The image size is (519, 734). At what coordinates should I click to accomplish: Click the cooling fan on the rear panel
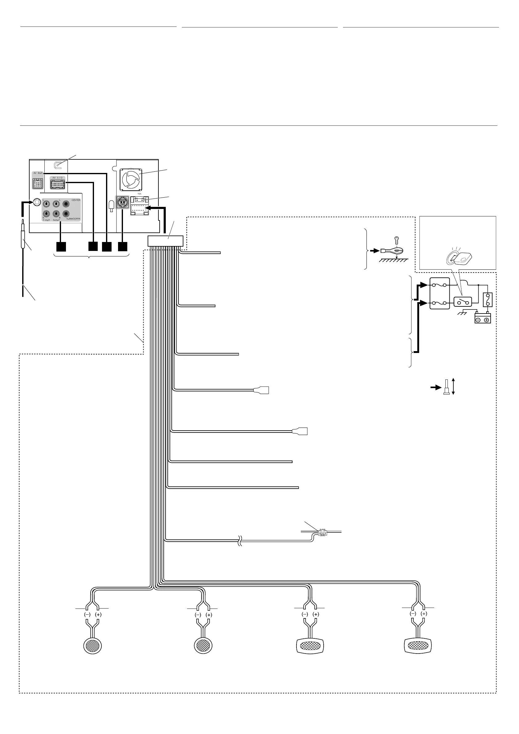point(130,180)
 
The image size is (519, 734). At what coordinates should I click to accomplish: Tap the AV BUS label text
point(38,173)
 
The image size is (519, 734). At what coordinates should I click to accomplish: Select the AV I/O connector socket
point(58,184)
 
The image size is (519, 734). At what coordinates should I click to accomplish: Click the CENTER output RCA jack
point(66,204)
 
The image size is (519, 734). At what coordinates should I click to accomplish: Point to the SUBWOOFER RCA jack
point(66,214)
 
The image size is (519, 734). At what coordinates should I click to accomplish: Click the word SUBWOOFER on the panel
point(73,219)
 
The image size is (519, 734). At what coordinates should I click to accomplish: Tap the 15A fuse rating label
point(139,194)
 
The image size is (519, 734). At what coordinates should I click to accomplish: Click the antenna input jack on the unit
point(37,202)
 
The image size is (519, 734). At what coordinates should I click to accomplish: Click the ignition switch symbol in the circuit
point(463,301)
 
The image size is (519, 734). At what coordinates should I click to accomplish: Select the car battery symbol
point(483,318)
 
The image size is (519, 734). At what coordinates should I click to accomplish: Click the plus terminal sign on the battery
point(486,320)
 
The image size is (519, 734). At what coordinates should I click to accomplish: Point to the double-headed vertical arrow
point(453,387)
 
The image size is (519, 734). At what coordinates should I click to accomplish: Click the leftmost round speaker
point(92,646)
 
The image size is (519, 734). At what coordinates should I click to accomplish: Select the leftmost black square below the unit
point(61,247)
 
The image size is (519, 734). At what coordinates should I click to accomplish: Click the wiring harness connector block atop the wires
point(165,241)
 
